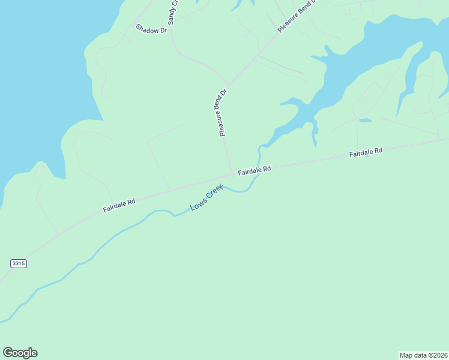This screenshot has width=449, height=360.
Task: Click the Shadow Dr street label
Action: coord(151,29)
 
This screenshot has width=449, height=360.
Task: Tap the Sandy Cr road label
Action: coord(173,13)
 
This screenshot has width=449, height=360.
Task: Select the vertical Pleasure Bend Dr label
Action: coord(220,112)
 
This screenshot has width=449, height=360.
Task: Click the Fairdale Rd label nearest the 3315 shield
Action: coord(119,205)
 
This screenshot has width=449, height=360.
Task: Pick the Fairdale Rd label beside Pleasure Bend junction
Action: coord(255,170)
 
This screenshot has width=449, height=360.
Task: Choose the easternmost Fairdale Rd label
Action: coord(366,153)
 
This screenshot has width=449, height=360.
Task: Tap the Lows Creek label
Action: coord(206,197)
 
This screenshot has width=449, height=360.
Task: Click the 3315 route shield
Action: coord(19,263)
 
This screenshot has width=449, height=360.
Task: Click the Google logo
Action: coord(20,353)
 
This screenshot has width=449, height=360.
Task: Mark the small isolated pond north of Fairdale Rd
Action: coord(365,121)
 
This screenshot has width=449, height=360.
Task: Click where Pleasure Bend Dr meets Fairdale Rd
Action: coord(232,174)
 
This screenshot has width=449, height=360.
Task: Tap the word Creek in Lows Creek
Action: coord(214,193)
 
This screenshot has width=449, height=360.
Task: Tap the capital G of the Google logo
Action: coord(8,352)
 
